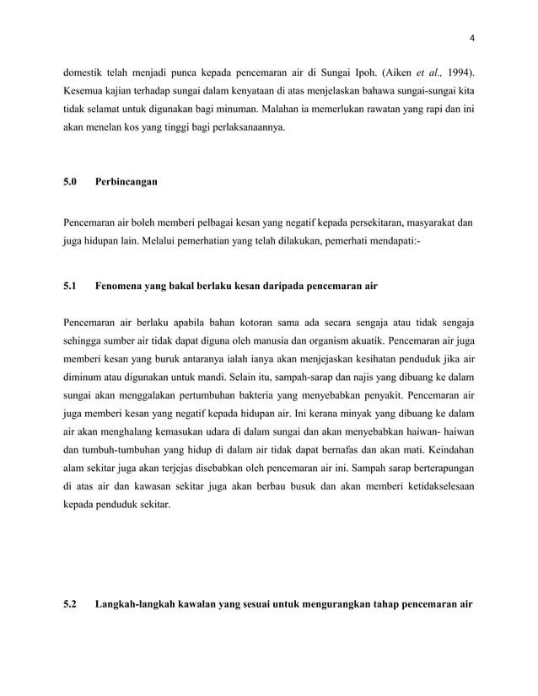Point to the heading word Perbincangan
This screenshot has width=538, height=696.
[x=126, y=181]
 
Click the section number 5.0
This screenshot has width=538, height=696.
[x=70, y=181]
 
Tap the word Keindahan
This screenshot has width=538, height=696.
[x=444, y=449]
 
